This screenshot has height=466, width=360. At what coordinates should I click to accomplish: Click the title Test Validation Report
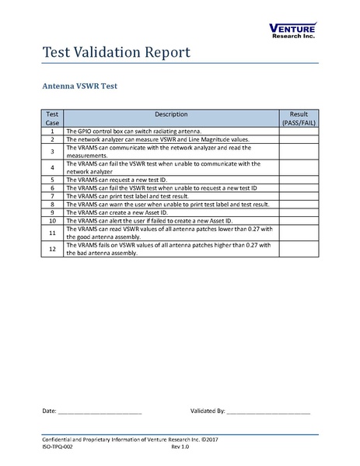point(114,53)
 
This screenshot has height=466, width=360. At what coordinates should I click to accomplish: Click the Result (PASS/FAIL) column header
point(299,118)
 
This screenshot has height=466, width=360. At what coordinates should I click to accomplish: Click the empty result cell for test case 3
point(299,151)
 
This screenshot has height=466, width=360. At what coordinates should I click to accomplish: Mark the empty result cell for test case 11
point(299,232)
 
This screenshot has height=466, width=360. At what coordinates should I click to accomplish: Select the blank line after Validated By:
point(268,410)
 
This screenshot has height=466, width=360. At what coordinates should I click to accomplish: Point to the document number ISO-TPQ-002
point(59,449)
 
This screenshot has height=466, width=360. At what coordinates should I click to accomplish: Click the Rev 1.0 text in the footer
point(180,449)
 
